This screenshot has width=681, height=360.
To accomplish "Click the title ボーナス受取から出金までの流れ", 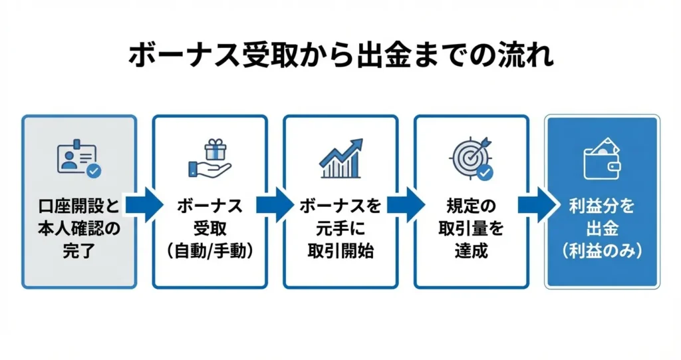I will [340, 56].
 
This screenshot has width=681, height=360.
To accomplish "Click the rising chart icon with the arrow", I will [340, 159].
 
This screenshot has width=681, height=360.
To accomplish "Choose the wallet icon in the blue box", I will [601, 159].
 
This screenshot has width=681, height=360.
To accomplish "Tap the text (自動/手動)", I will [210, 253].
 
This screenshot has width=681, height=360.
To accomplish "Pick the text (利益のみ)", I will [602, 253].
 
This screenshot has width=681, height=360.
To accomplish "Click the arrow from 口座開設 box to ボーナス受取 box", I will [144, 206].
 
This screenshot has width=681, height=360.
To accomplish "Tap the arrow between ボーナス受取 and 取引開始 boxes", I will [275, 206].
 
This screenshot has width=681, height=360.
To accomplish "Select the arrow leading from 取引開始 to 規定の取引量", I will [406, 206].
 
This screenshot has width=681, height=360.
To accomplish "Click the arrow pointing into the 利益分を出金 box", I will [537, 206].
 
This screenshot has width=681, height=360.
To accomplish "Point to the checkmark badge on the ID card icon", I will [94, 171].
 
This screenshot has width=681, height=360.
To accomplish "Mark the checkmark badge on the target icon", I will [485, 172].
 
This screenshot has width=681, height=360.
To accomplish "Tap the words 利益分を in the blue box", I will [602, 207].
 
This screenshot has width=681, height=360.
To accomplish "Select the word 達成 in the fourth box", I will [471, 253].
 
